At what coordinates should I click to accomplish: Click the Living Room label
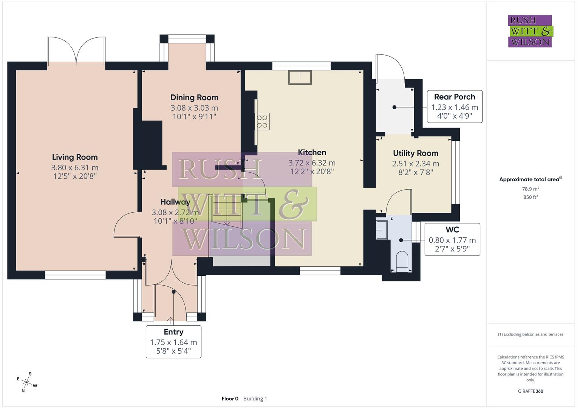pos(75,157)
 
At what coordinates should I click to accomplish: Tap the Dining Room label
pos(194,97)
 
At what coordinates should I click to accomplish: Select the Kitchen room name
pos(312,152)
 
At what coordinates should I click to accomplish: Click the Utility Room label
pos(415,153)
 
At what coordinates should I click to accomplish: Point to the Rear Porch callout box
pos(455,107)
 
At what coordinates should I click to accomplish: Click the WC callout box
pos(452,240)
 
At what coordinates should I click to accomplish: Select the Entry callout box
pos(173,342)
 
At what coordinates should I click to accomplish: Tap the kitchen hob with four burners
pos(262,122)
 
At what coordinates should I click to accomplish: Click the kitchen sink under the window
pos(300,77)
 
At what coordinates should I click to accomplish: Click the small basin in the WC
pos(382,230)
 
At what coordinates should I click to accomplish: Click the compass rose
pos(27,382)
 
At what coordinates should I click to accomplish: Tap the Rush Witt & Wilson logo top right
pos(530,31)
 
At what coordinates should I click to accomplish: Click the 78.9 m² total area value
pos(531,189)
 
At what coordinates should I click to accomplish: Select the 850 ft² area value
pos(531,197)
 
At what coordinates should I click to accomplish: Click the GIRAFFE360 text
pos(531,391)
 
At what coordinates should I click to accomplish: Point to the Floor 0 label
pos(230,399)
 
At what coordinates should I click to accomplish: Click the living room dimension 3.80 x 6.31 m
pos(75,167)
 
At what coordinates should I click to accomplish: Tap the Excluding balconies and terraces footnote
pos(531,334)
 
